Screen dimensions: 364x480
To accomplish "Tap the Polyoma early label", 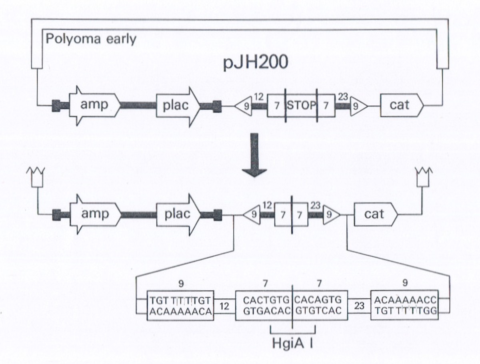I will coord(91,39).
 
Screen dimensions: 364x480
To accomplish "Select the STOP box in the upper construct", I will coord(301,106).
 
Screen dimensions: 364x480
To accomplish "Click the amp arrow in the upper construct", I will coord(94,105).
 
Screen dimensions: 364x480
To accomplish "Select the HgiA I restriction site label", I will coord(293,343).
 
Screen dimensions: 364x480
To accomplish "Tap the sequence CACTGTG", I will coord(264,300).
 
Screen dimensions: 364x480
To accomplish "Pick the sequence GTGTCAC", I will coord(319,311).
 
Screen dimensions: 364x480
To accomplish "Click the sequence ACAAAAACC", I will coord(405,300).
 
